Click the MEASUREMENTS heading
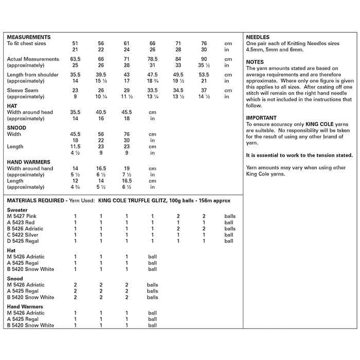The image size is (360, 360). pos(29,38)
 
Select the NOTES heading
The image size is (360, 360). pos(255,62)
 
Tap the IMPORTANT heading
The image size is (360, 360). pos(261,118)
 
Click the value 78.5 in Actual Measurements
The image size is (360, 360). pos(153,59)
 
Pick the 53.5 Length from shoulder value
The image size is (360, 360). pos(204,75)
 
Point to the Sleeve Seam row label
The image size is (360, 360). pos(23,91)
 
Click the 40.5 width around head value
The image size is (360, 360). pos(101,112)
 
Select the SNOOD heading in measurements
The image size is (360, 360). pos(16,128)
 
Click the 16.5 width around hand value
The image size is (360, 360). pos(101,168)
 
